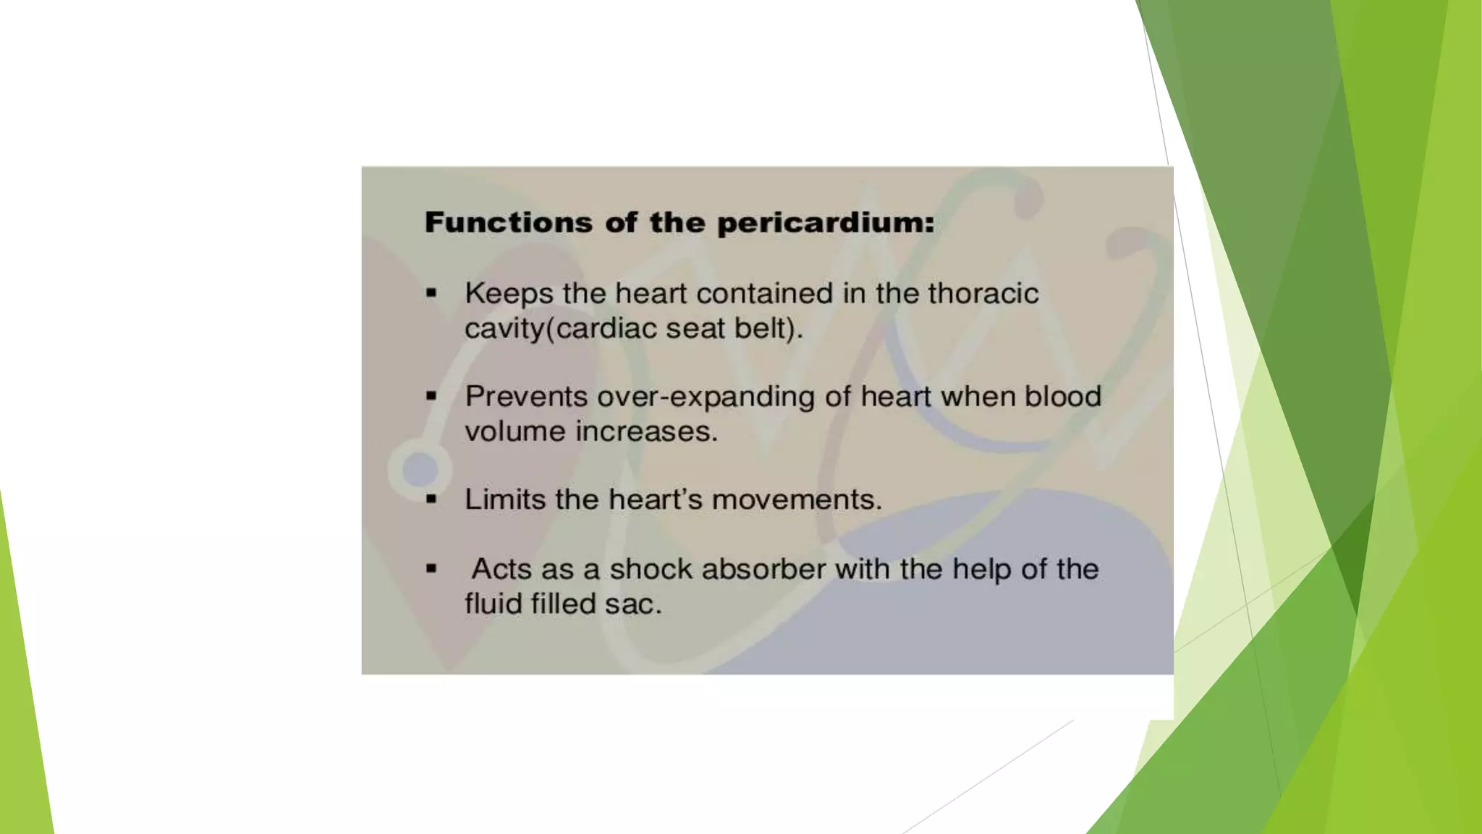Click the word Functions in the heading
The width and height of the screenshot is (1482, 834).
coord(508,222)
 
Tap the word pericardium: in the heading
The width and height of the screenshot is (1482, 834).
coord(826,222)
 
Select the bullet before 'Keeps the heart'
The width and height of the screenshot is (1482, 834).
coord(431,293)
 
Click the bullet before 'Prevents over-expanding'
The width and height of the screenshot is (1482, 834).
coord(431,396)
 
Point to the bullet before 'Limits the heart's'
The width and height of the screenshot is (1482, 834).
coord(431,499)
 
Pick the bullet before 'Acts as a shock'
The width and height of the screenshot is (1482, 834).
coord(431,568)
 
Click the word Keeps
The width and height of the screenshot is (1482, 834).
coord(509,293)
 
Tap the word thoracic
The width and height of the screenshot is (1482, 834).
coord(983,293)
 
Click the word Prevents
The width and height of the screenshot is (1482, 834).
coord(526,396)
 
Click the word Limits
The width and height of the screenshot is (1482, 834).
coord(505,499)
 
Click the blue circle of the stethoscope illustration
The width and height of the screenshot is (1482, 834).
coord(420,469)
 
